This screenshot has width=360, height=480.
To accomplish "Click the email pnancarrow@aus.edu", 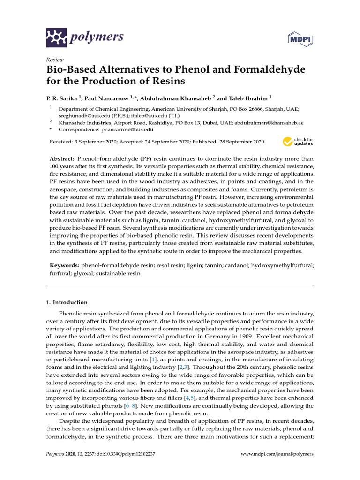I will (x=127, y=129).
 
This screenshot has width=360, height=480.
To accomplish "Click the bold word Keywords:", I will (x=65, y=265).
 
